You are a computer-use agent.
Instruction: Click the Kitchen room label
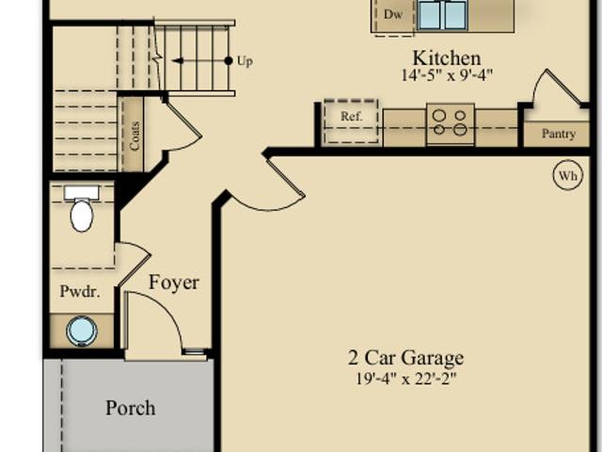[447, 58]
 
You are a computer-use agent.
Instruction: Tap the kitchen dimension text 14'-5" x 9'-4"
[447, 75]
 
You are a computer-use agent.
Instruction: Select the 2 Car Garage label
[405, 358]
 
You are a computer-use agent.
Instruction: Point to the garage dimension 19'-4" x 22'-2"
[406, 379]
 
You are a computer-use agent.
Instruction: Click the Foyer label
[173, 282]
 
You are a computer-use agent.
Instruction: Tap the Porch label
[131, 408]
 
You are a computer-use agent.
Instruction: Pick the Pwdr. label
[80, 291]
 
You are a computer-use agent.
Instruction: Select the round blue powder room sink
[82, 331]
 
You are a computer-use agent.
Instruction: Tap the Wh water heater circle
[568, 175]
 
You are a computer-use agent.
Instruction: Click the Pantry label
[559, 134]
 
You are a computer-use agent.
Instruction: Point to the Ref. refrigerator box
[351, 121]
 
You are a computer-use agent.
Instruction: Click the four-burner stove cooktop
[450, 123]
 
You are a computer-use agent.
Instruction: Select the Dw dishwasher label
[393, 15]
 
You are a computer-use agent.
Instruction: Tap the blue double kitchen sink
[443, 15]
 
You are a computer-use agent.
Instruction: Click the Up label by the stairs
[245, 61]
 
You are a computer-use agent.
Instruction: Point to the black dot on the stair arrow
[229, 60]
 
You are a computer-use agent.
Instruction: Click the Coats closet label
[135, 136]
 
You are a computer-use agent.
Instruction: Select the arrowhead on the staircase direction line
[178, 60]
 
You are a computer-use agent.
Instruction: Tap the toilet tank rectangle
[82, 193]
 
